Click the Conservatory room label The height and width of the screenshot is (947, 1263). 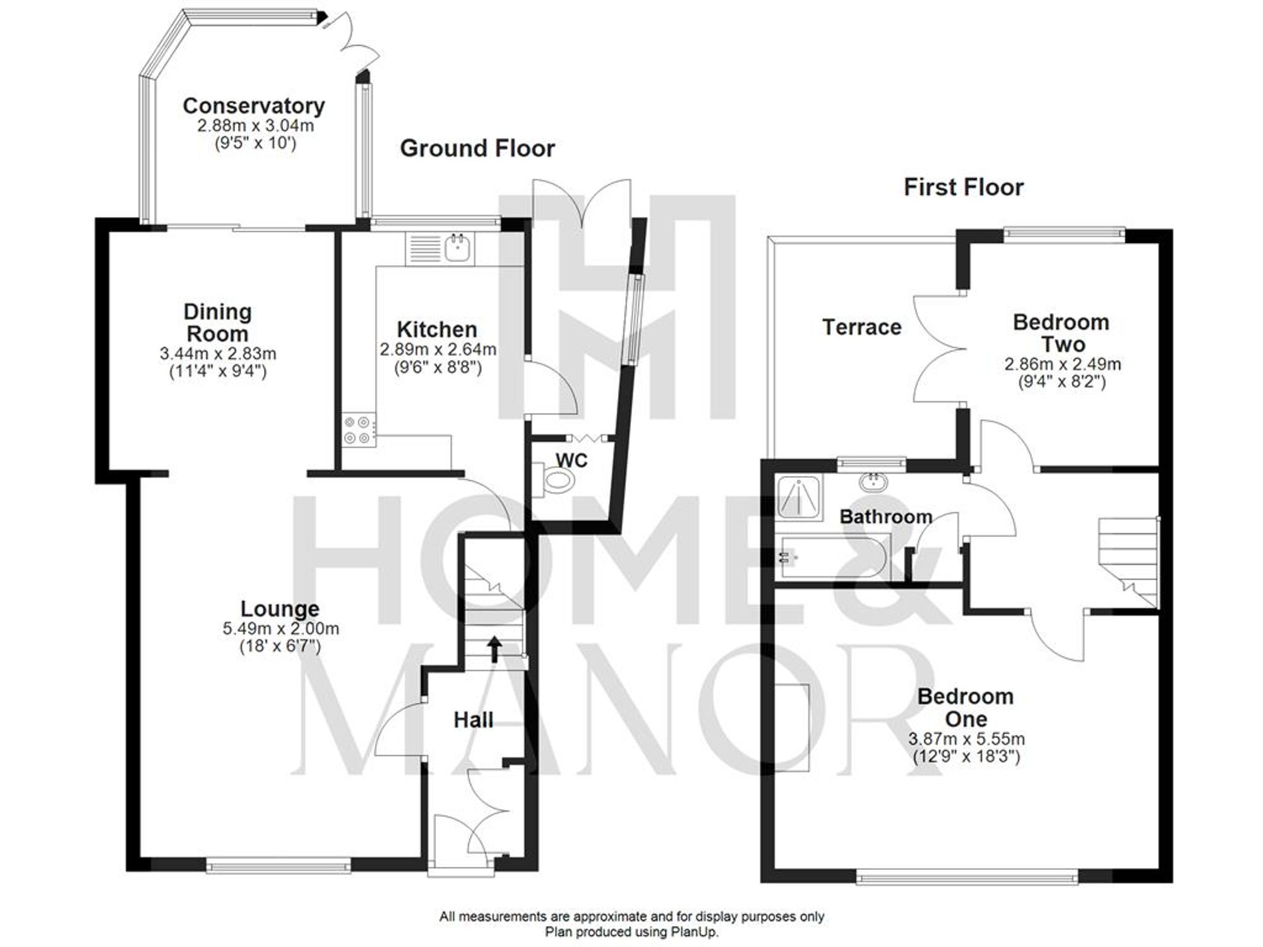coord(253,106)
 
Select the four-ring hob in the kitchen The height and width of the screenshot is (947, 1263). coord(357,430)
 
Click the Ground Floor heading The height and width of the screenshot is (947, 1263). coord(477,149)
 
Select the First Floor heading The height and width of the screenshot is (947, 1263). coord(963,188)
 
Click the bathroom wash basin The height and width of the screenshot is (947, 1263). coord(873,483)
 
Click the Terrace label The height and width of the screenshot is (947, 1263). coord(861,327)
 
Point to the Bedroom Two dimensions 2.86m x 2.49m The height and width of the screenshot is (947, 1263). coord(1062,364)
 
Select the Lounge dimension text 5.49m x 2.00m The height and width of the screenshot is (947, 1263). coord(280,629)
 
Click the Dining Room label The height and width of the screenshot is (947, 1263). coord(217,323)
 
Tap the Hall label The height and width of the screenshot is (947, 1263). coord(473,720)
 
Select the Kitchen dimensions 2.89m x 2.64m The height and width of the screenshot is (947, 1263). coord(438,349)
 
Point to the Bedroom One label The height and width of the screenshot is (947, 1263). coord(966,708)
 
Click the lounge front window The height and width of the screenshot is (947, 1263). coord(278,866)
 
